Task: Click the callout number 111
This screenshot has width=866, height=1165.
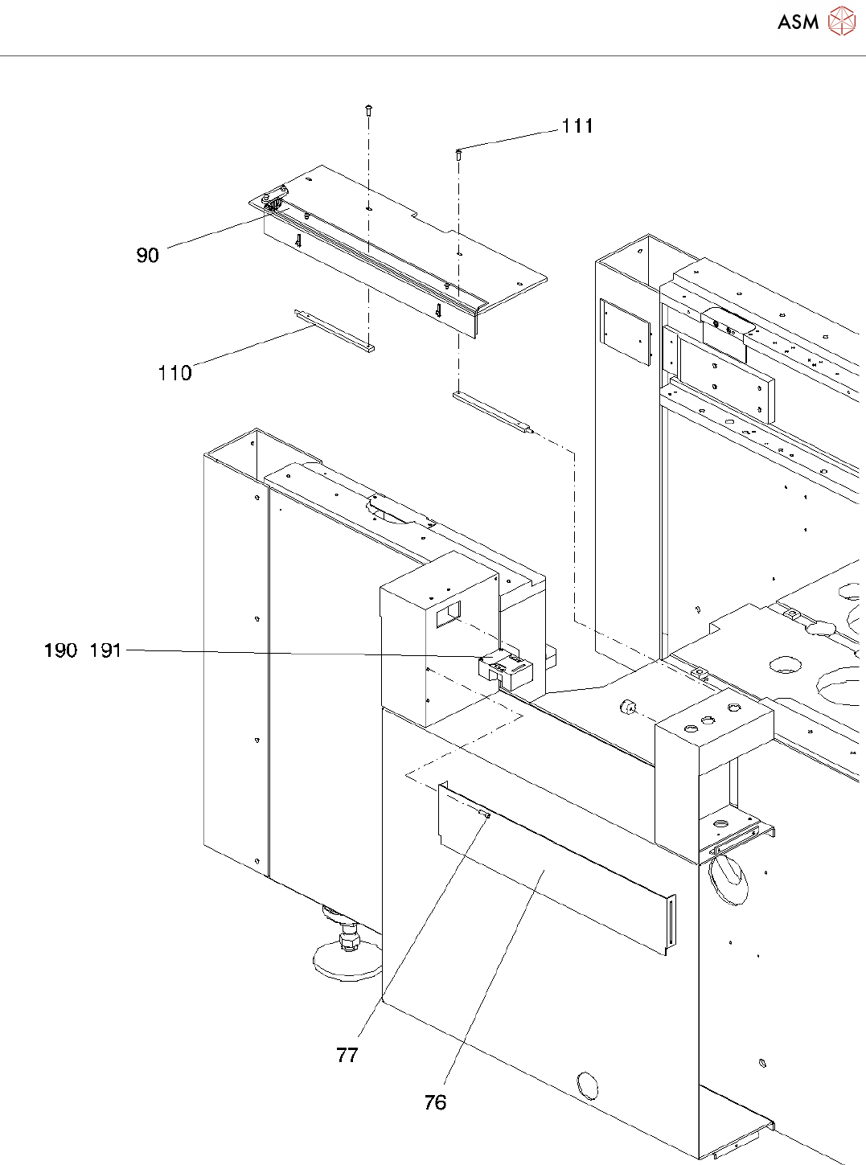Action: [x=577, y=126]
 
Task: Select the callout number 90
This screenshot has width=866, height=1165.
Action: [x=147, y=256]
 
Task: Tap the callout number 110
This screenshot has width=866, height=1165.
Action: [x=174, y=373]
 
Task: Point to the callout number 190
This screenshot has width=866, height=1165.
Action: [x=60, y=650]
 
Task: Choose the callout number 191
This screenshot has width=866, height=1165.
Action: [x=105, y=650]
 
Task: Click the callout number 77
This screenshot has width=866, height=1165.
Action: [x=347, y=1055]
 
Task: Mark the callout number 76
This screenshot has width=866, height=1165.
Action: [x=435, y=1102]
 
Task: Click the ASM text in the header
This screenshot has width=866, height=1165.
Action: [x=798, y=22]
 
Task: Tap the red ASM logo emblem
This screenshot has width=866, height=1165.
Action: [x=842, y=21]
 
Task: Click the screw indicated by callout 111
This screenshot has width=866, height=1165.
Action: [x=458, y=154]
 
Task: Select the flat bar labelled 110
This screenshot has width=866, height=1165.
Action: [x=334, y=330]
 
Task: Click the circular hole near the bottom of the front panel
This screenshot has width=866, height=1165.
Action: [x=588, y=1086]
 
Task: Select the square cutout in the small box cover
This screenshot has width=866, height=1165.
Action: [x=448, y=615]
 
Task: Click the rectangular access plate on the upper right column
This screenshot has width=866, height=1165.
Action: [x=625, y=331]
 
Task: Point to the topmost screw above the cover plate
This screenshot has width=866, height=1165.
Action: [x=368, y=110]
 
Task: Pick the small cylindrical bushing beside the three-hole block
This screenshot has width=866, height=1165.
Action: [x=627, y=708]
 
